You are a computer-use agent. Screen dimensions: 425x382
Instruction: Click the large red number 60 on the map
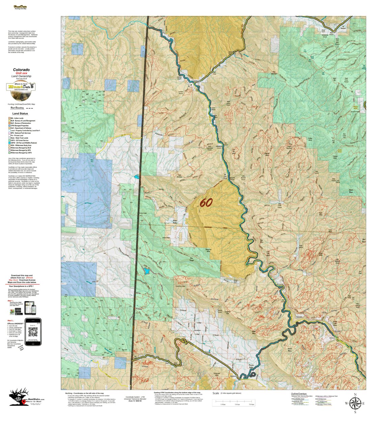pos(206,203)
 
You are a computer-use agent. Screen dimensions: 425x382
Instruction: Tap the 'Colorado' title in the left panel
pos(21,70)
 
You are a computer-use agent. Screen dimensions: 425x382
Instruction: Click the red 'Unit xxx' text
pos(21,73)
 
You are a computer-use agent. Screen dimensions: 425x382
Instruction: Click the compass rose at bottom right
pos(355,403)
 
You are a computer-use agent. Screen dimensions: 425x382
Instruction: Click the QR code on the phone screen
pos(33,332)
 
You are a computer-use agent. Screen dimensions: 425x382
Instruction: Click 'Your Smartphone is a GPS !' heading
pos(23,286)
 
